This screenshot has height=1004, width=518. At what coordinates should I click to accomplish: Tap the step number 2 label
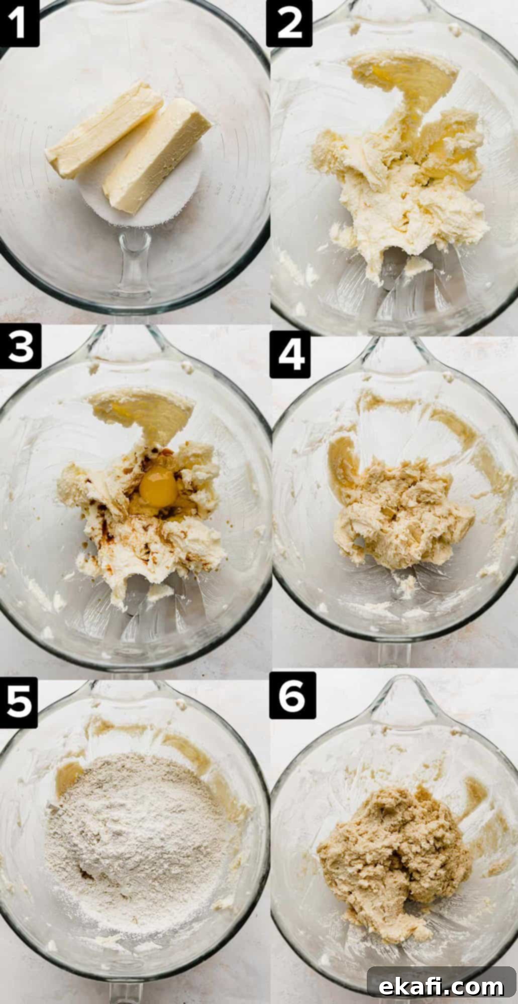[x=289, y=23]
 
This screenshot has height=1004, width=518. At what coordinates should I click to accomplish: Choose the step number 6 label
[x=292, y=696]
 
